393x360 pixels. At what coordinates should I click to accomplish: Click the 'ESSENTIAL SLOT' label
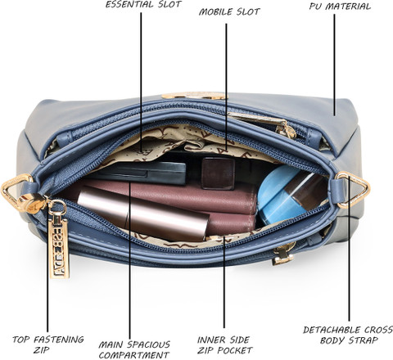tap(143, 4)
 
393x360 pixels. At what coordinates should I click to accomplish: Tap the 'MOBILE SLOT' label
tap(229, 11)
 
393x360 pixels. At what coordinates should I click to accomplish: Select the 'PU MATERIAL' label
tap(340, 7)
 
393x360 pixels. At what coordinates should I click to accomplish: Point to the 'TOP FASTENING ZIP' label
tap(48, 344)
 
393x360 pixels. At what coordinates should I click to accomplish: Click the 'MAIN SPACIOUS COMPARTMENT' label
tap(134, 349)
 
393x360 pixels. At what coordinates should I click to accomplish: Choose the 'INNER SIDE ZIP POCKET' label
tap(224, 345)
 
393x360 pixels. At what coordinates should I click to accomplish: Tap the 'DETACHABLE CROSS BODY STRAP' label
tap(348, 335)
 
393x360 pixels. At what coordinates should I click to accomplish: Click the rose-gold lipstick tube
tap(143, 213)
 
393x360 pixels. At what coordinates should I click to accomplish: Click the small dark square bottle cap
tap(218, 173)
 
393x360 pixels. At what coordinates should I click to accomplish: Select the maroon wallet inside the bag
tap(174, 203)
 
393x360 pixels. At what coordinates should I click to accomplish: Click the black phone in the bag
tap(142, 173)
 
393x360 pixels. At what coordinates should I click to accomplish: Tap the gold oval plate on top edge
tap(194, 96)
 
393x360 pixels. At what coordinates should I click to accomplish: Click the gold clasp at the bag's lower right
tap(284, 254)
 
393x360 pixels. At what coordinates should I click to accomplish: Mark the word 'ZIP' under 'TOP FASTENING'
tap(42, 350)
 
